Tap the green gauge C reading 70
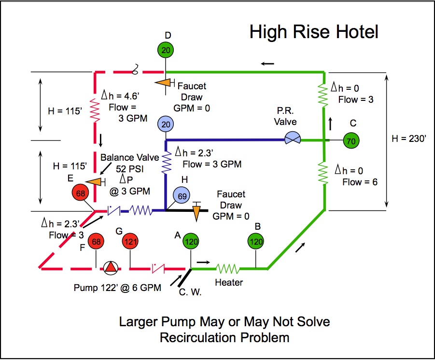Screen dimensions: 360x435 coord(352,140)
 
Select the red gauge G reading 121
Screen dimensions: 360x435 coord(130,241)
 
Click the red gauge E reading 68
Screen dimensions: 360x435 coord(81,193)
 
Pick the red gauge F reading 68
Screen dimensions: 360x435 coord(97,241)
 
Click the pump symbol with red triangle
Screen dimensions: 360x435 coord(111,268)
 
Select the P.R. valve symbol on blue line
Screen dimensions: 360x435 coord(292,140)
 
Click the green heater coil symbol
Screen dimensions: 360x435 coord(228,268)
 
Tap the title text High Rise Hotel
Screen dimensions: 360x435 coord(314,32)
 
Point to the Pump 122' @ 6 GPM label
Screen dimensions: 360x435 coord(117,288)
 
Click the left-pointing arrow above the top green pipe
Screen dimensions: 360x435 coord(268,63)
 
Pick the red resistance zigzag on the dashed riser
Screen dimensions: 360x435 coord(95,111)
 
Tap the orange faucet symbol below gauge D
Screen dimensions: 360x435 coord(164,83)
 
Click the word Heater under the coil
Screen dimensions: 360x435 coord(229,282)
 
